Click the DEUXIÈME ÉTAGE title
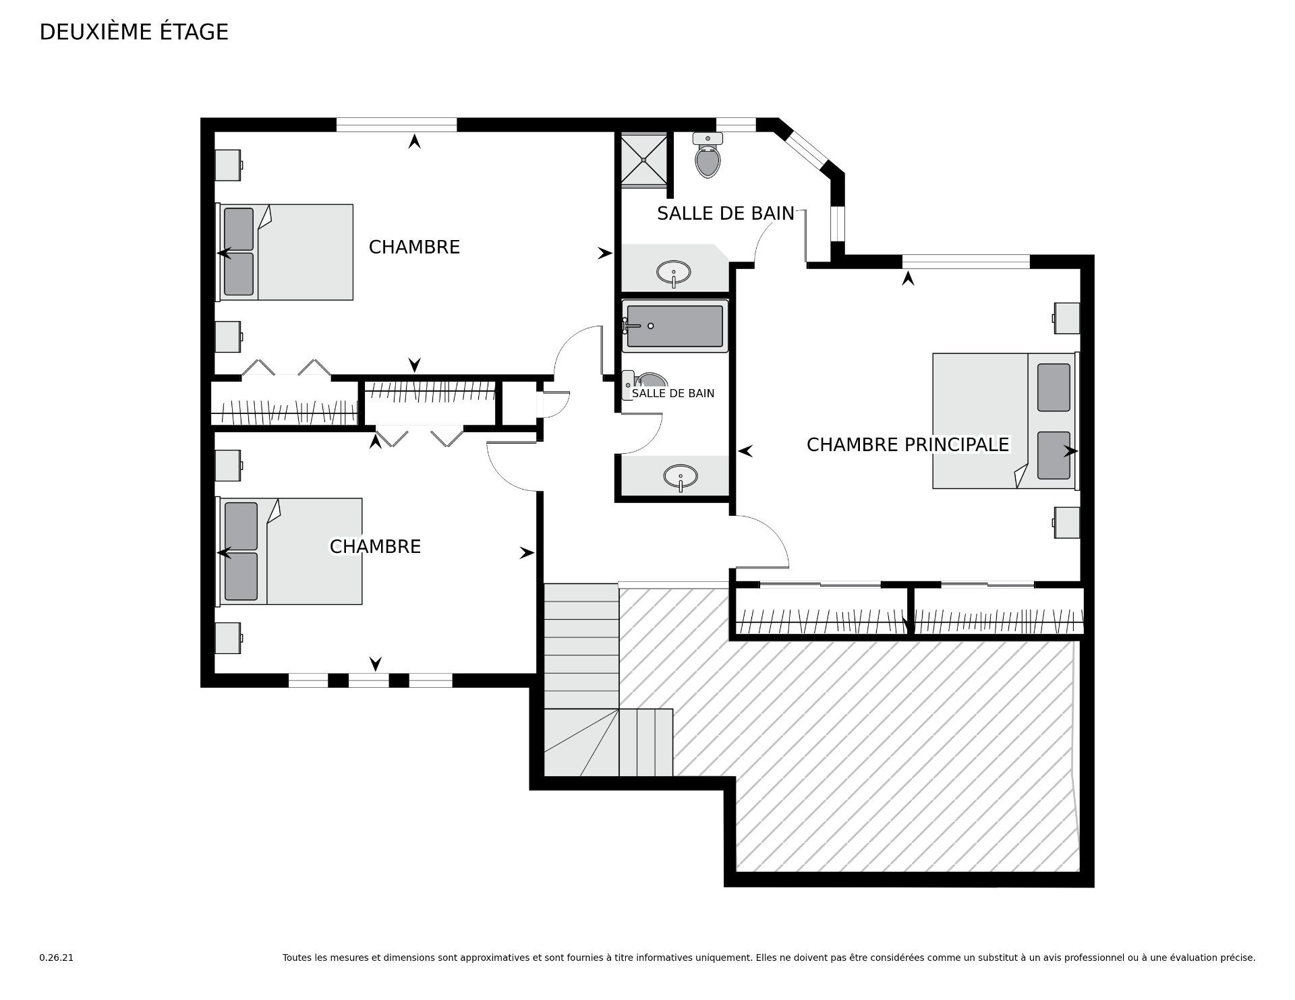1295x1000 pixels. point(134,32)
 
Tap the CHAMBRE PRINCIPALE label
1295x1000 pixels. point(908,445)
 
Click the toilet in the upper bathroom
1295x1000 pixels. point(708,155)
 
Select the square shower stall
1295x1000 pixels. point(644,158)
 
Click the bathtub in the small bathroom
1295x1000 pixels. point(675,326)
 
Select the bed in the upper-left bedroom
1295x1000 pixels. point(284,252)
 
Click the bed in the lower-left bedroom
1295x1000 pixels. point(289,552)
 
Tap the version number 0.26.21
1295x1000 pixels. point(57,958)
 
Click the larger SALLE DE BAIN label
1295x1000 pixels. point(726,213)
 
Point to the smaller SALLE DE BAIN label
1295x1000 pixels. point(673,393)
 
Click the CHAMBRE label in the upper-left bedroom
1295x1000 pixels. point(414,247)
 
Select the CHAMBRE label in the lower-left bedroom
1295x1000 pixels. point(375,546)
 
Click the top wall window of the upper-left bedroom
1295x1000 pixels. point(397,125)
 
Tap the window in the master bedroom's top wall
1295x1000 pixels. point(966,262)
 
